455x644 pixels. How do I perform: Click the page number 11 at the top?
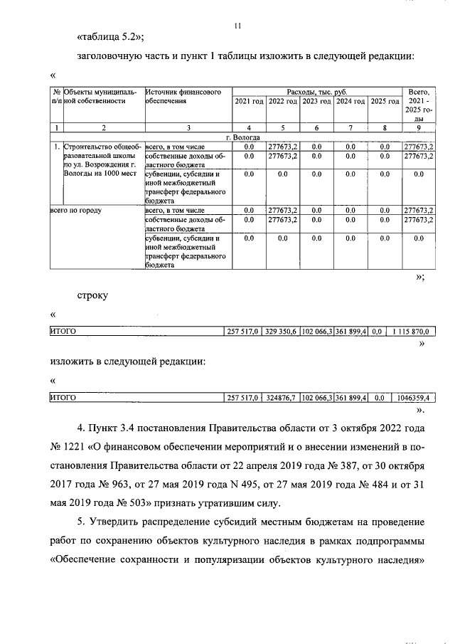238,26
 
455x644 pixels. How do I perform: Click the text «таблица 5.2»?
110,37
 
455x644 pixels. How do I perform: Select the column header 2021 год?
249,102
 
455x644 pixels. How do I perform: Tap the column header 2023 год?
316,102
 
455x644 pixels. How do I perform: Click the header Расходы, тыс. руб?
316,93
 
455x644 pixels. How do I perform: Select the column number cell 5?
282,127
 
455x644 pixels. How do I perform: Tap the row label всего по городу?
75,211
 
